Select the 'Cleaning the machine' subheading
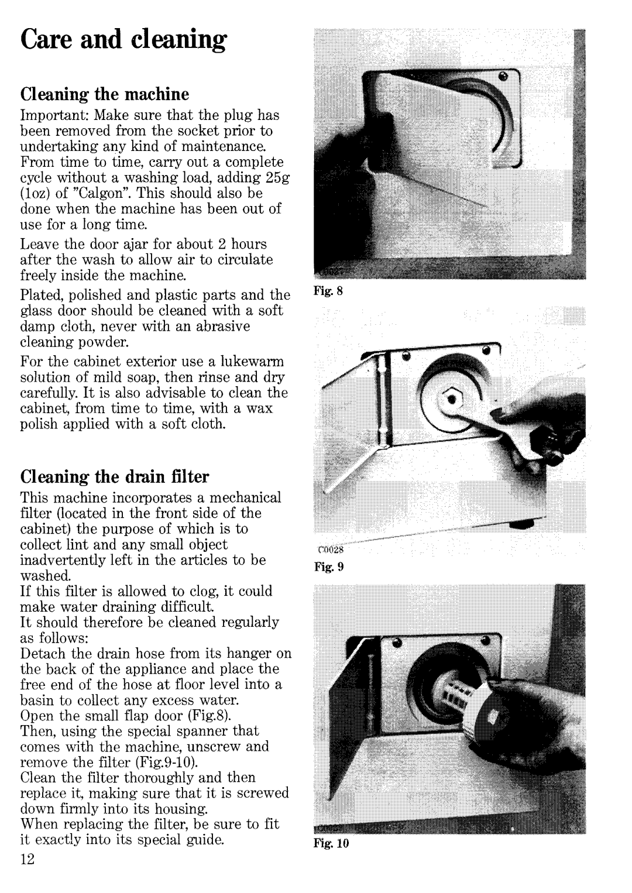pos(105,95)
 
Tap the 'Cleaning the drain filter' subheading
pos(115,477)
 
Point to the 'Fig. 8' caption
pos(328,291)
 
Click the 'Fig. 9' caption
pos(328,566)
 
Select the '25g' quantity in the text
pos(277,178)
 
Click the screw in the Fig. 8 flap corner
pos(504,75)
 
